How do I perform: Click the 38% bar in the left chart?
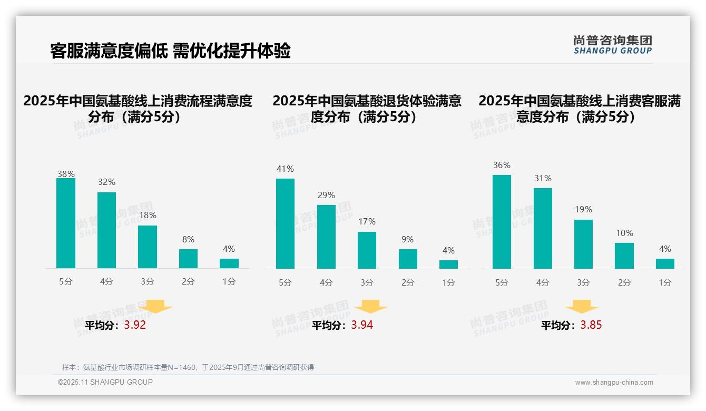pos(66,223)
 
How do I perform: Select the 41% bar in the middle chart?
pos(285,224)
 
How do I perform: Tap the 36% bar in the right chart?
pos(502,222)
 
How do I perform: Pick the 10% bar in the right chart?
pos(624,256)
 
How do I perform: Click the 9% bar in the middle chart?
pos(408,259)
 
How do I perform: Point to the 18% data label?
pos(148,216)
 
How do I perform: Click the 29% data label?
pos(326,195)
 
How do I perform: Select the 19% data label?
pos(583,210)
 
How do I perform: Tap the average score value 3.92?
pos(135,325)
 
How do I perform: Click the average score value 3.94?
pos(362,325)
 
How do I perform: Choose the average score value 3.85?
pos(591,325)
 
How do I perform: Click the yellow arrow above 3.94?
pos(370,307)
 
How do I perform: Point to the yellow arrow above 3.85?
pos(582,307)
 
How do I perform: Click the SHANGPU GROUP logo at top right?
pos(613,45)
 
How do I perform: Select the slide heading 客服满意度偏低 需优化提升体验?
pos(170,51)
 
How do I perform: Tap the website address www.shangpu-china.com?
pos(614,383)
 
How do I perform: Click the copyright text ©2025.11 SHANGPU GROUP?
pos(105,383)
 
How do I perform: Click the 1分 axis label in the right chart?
pos(665,283)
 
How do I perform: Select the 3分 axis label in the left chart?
pos(148,282)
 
